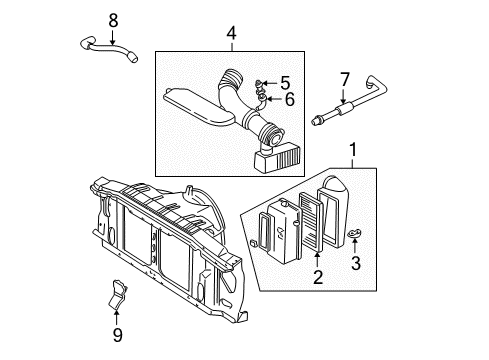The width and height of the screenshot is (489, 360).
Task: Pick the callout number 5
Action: tap(284, 83)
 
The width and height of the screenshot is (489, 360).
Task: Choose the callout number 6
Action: tap(288, 99)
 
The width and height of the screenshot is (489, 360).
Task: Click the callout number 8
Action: tap(113, 19)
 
